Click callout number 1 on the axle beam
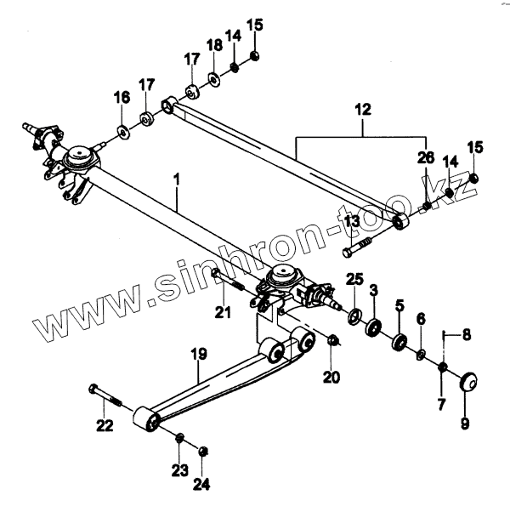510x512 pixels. point(177,180)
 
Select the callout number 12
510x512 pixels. point(363,110)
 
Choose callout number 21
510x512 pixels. point(222,314)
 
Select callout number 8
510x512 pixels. point(466,335)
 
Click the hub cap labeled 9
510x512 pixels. point(466,379)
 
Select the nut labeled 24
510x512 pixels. point(202,450)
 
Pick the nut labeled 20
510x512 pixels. point(334,341)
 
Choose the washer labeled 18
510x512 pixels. point(212,80)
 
